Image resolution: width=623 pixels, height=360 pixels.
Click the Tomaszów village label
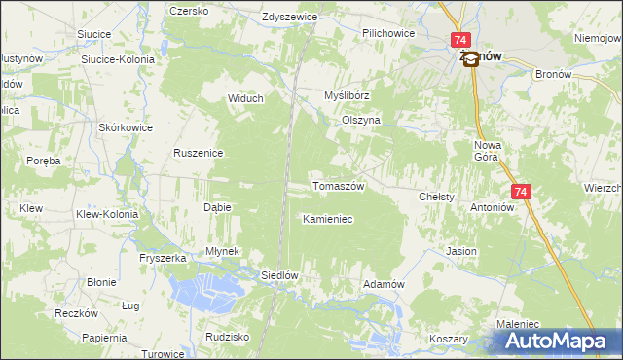click(337, 186)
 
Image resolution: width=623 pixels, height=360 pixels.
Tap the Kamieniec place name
click(327, 219)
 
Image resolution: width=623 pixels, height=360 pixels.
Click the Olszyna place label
click(360, 120)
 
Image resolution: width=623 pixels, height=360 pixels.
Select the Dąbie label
click(216, 207)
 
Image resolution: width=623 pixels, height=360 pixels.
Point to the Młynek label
click(222, 250)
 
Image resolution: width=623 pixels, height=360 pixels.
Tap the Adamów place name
click(383, 283)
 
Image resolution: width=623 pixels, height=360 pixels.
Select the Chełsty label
click(436, 196)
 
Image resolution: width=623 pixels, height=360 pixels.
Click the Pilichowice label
click(388, 33)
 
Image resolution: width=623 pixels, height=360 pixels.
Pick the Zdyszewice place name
click(292, 18)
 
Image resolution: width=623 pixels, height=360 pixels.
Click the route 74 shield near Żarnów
click(461, 40)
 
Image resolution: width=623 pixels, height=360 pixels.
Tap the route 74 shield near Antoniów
click(521, 193)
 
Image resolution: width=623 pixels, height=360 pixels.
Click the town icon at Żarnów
click(471, 58)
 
